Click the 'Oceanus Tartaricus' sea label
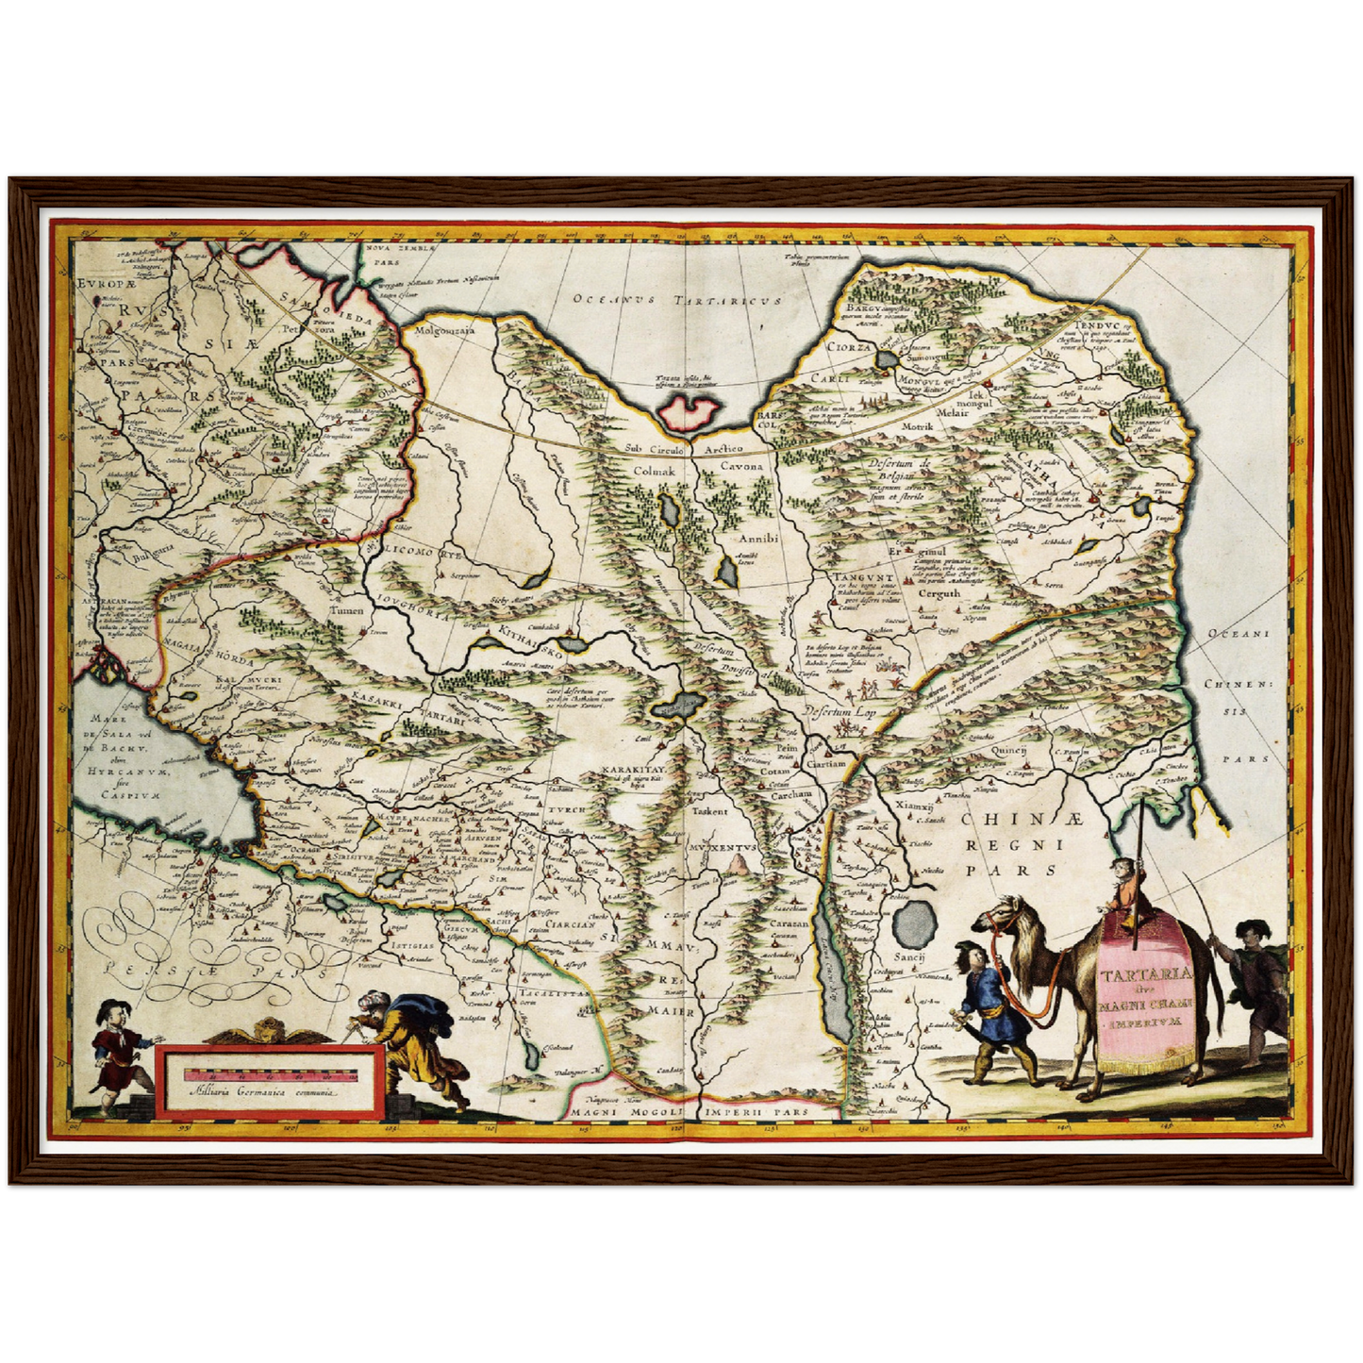click(x=678, y=300)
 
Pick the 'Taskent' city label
click(x=709, y=810)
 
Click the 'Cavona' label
click(x=741, y=467)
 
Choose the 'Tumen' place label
click(x=346, y=611)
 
